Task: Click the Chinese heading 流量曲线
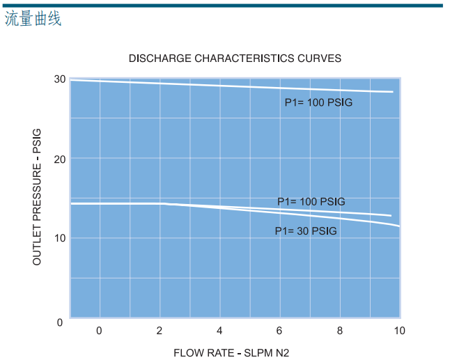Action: click(33, 19)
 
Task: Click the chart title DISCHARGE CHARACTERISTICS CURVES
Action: click(235, 58)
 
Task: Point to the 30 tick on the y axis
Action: click(60, 79)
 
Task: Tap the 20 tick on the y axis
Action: click(60, 159)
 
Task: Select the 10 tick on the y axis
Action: click(60, 238)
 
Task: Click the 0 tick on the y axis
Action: click(60, 322)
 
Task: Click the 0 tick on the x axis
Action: click(99, 330)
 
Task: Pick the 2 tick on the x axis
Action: click(160, 330)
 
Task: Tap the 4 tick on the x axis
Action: click(219, 330)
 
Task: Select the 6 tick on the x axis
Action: click(279, 330)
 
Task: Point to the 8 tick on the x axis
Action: click(340, 330)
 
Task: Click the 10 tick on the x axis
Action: click(399, 330)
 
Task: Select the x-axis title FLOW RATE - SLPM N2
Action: click(231, 352)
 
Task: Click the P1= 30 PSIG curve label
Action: click(306, 231)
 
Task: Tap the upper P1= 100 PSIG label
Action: click(318, 103)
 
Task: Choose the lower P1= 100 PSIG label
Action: click(311, 202)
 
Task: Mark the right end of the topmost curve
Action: click(393, 92)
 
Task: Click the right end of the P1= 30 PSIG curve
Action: click(399, 226)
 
